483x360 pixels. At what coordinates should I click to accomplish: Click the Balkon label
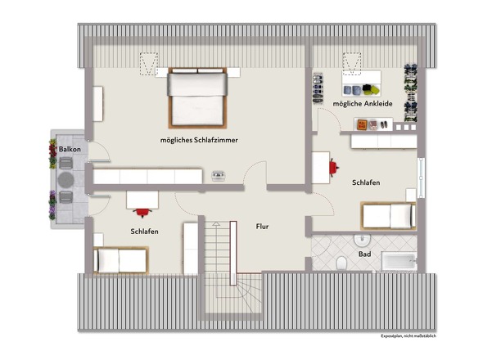[70, 149]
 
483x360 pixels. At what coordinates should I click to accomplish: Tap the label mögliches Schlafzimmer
[199, 140]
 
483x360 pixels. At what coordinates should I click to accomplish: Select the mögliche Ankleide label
[363, 104]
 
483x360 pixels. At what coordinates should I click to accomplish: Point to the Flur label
[262, 227]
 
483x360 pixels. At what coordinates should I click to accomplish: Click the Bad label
[364, 254]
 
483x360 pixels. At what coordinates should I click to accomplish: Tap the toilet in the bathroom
[341, 263]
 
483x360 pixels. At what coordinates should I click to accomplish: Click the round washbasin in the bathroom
[362, 241]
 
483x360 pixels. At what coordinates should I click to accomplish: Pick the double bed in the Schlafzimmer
[197, 97]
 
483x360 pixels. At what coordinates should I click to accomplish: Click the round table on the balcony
[65, 179]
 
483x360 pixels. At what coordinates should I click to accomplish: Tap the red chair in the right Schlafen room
[334, 167]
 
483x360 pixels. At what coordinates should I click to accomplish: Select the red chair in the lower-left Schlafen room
[142, 212]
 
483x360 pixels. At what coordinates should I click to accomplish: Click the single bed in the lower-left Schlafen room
[121, 260]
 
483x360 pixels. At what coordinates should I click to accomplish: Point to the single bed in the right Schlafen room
[388, 215]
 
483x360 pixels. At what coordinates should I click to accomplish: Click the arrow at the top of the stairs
[216, 224]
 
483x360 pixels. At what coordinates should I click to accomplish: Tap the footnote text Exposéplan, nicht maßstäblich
[409, 336]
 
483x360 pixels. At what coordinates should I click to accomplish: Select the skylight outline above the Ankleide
[352, 64]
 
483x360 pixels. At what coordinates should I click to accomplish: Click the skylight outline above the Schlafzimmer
[149, 64]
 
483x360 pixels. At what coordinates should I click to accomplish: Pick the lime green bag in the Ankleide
[375, 90]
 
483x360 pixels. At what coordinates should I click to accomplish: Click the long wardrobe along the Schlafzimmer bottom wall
[148, 177]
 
